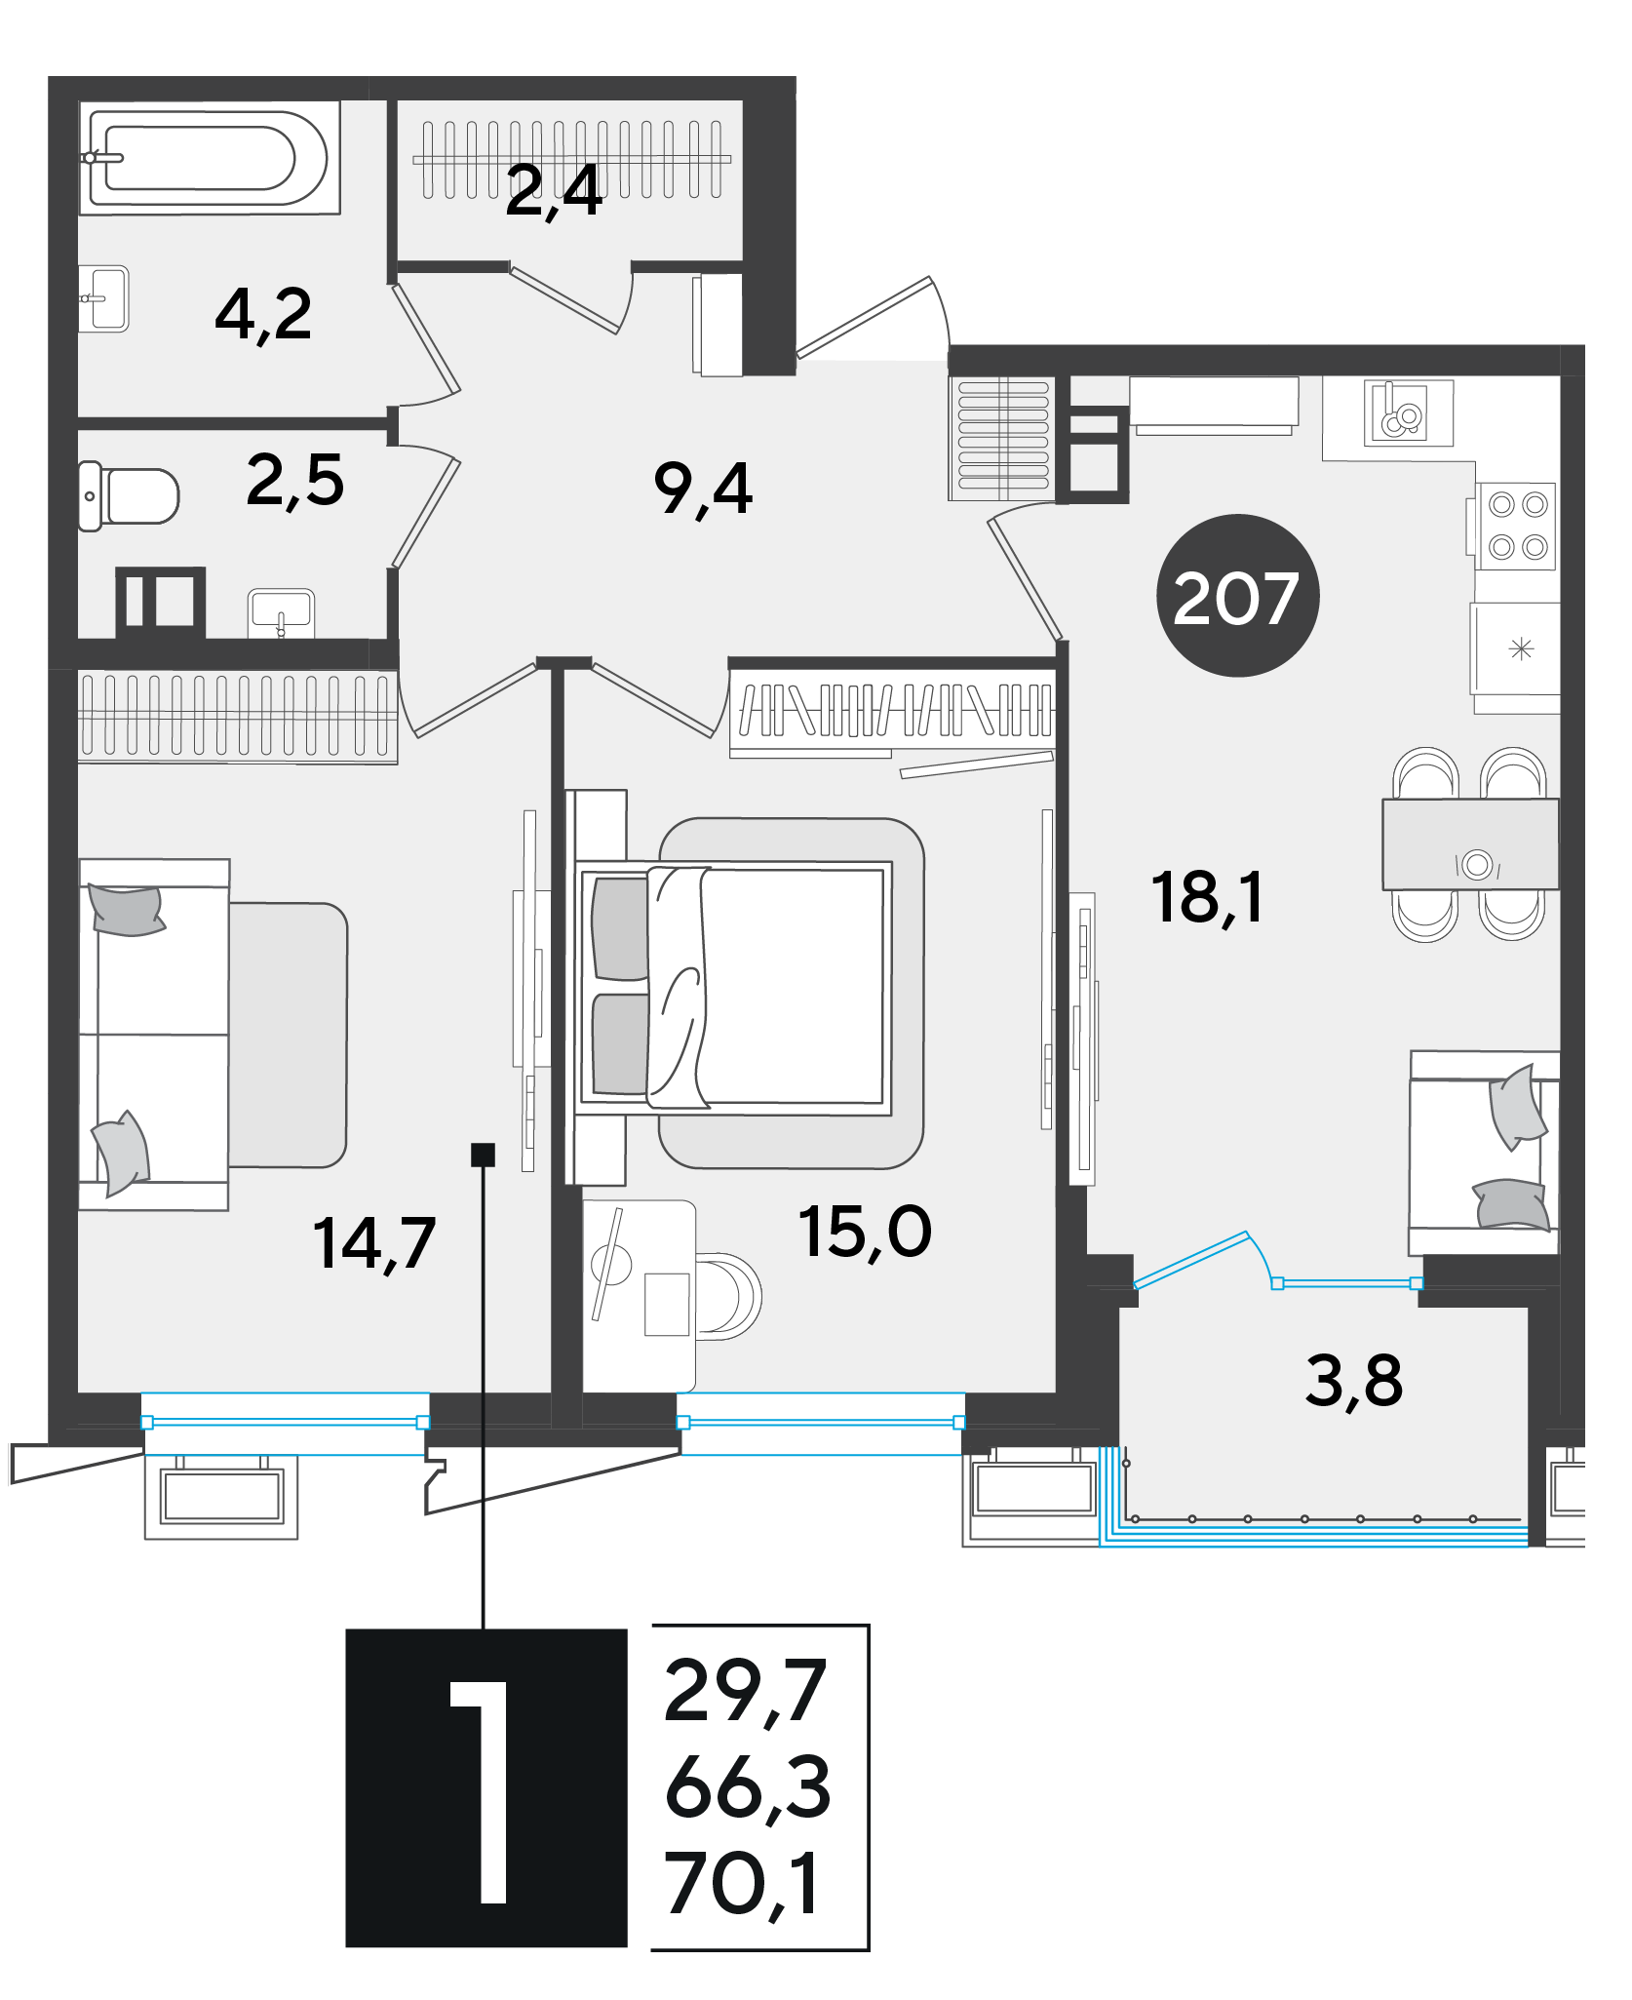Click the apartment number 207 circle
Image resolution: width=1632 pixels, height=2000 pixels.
coord(1237,595)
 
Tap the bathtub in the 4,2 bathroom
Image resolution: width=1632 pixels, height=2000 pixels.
coord(209,157)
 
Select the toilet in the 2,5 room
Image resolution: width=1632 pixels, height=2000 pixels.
coord(129,496)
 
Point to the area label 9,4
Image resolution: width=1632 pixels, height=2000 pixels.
coord(703,490)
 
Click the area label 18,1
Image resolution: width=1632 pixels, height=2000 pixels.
coord(1207,897)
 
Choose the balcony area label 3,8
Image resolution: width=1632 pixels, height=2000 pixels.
coord(1354,1382)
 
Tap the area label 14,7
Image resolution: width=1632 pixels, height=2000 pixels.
coord(374,1244)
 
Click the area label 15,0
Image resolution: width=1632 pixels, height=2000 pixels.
coord(865,1231)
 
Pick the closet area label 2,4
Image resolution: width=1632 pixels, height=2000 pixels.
coord(554,191)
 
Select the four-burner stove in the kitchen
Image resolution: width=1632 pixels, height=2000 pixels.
coord(1517,527)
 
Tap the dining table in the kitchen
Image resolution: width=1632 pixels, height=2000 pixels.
coord(1470,844)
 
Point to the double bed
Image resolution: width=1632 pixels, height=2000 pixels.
coord(733,987)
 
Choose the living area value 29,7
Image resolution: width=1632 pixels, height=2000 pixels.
coord(746,1692)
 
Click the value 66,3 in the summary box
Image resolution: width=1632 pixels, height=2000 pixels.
coord(748,1787)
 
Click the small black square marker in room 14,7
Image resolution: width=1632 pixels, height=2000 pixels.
coord(483,1155)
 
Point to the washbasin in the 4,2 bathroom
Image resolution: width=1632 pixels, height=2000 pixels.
coord(103,299)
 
